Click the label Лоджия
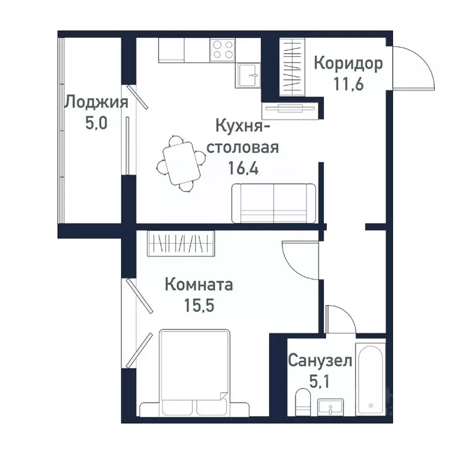pyautogui.click(x=96, y=102)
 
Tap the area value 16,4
pyautogui.click(x=246, y=167)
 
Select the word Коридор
pyautogui.click(x=348, y=63)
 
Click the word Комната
pyautogui.click(x=199, y=286)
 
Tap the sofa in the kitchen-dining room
pyautogui.click(x=274, y=203)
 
